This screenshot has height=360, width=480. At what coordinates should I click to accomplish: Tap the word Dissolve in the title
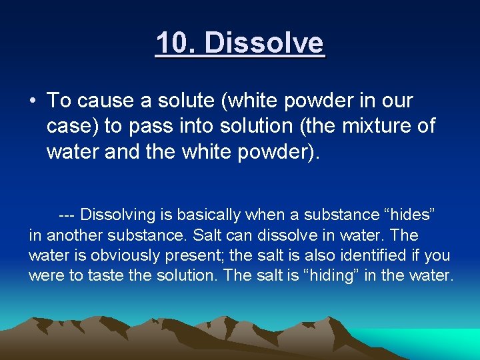(265, 43)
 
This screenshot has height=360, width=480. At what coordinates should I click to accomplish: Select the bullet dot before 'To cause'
(32, 101)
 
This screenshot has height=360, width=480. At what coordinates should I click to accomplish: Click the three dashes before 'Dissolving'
(67, 215)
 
